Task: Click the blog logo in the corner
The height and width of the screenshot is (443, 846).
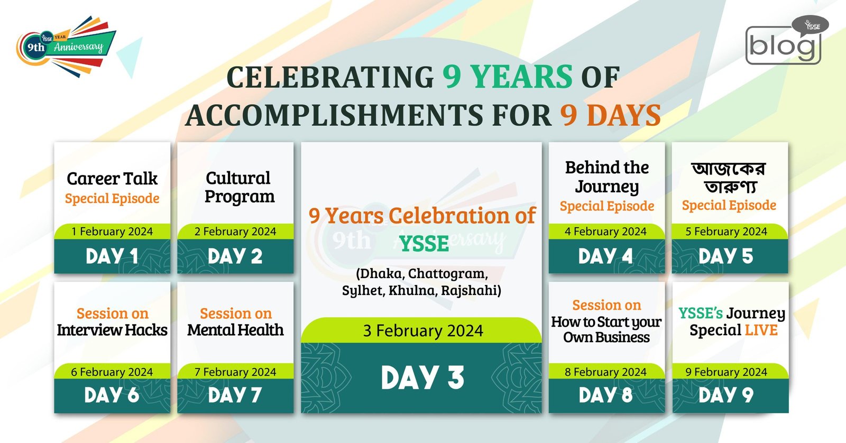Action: click(786, 40)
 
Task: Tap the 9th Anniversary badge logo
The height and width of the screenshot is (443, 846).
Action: click(66, 47)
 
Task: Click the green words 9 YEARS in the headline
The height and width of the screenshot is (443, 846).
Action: click(507, 77)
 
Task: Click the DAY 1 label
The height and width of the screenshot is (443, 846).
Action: click(112, 256)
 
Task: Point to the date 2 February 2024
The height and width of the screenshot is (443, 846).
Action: click(235, 232)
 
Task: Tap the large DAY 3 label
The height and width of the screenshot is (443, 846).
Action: click(422, 377)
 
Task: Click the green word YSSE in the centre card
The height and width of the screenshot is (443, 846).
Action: click(424, 244)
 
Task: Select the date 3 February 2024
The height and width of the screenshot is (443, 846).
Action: click(423, 331)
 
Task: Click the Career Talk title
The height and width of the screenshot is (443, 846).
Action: click(112, 179)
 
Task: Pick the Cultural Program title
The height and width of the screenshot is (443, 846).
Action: click(238, 188)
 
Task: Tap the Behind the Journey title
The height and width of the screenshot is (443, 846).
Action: click(607, 177)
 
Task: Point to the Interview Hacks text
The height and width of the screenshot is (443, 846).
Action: click(112, 330)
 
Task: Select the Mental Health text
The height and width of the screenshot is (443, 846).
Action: click(235, 330)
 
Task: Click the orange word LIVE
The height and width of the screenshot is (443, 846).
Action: click(761, 330)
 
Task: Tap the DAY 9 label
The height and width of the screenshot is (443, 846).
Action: click(726, 395)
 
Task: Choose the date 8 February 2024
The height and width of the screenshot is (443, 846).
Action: click(606, 372)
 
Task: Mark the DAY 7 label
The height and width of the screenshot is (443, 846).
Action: click(235, 395)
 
